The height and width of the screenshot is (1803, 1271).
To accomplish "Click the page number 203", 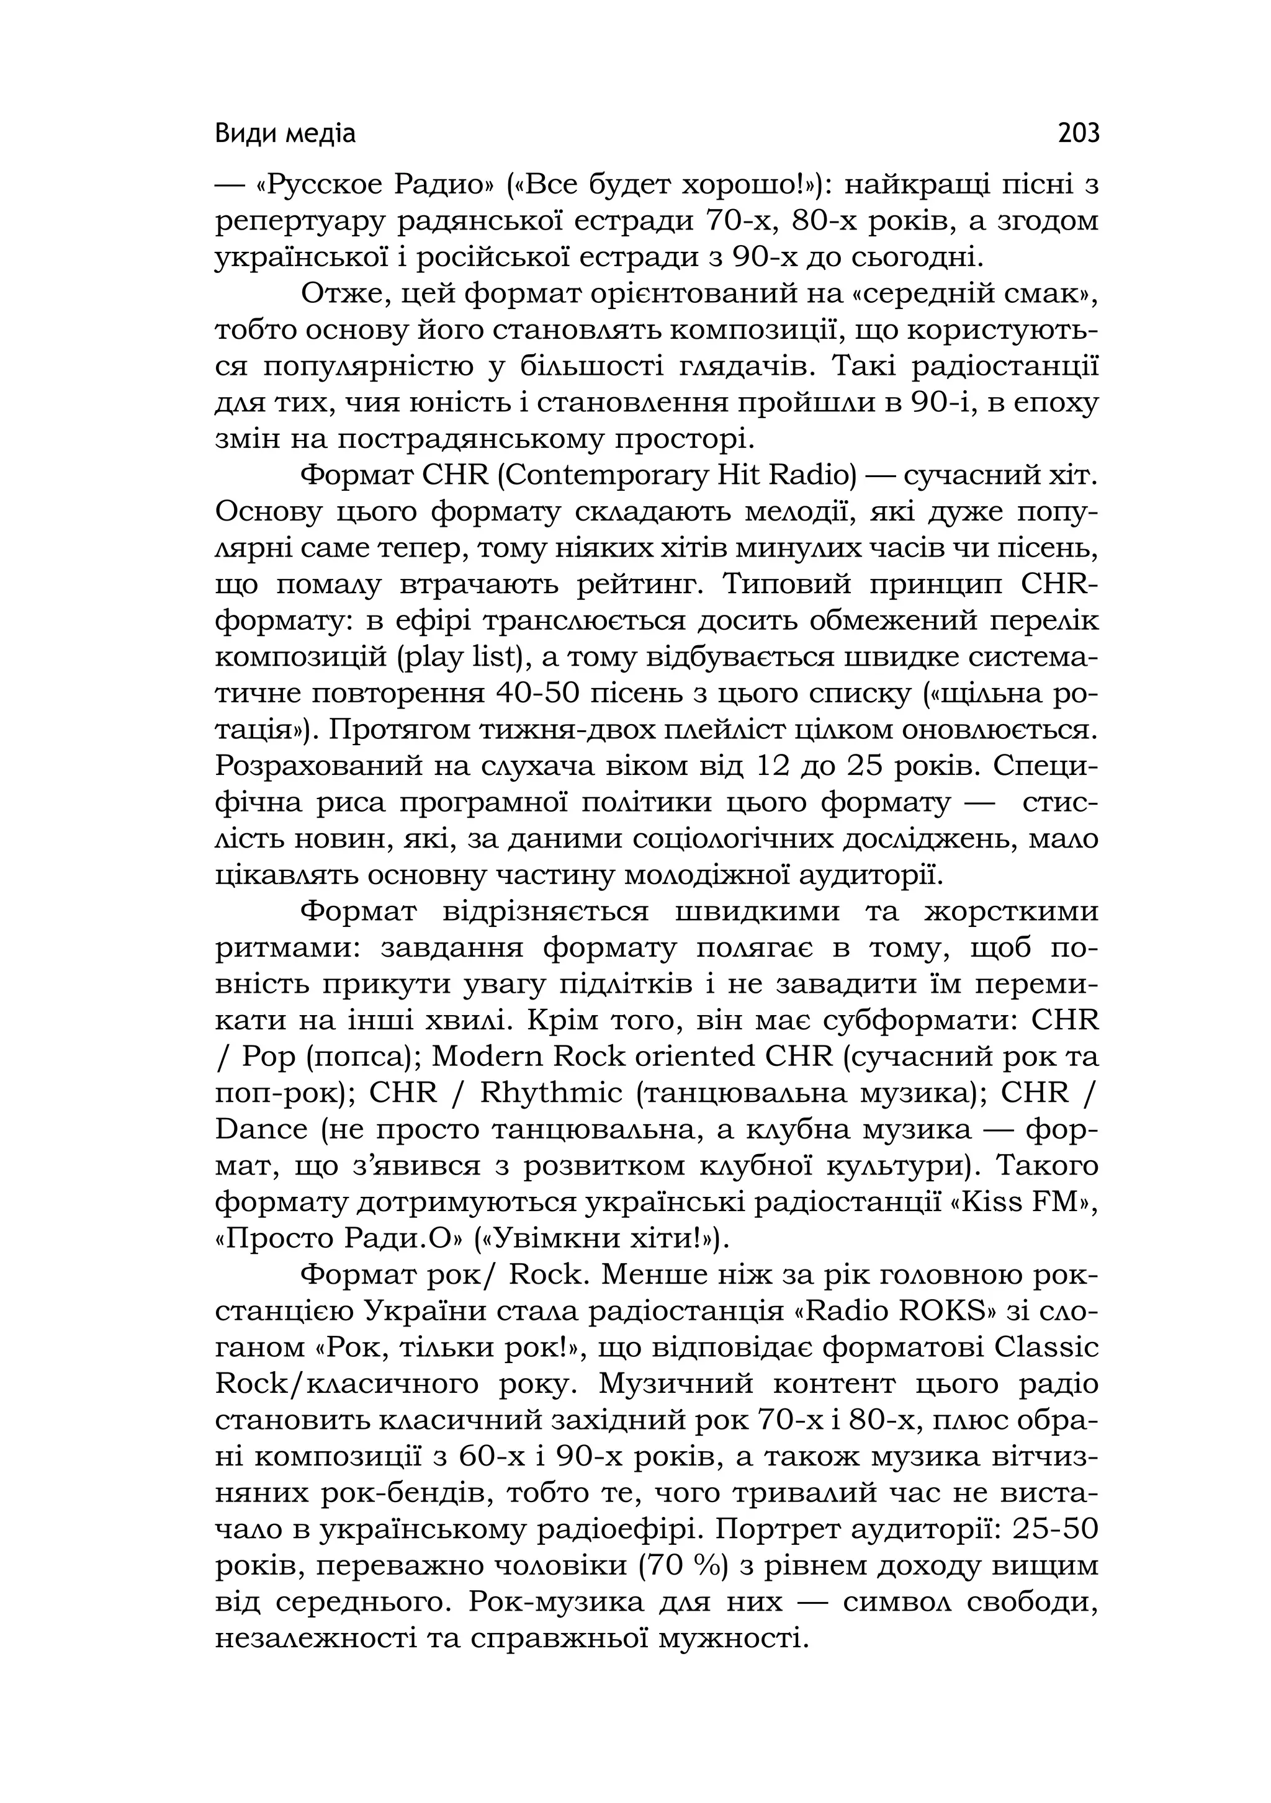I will (x=1078, y=133).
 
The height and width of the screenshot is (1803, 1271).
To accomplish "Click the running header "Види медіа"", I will (x=285, y=134).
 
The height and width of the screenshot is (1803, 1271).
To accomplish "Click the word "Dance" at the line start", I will (x=261, y=1129).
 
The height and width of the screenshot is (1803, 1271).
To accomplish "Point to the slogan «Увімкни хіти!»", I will (x=602, y=1238).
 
